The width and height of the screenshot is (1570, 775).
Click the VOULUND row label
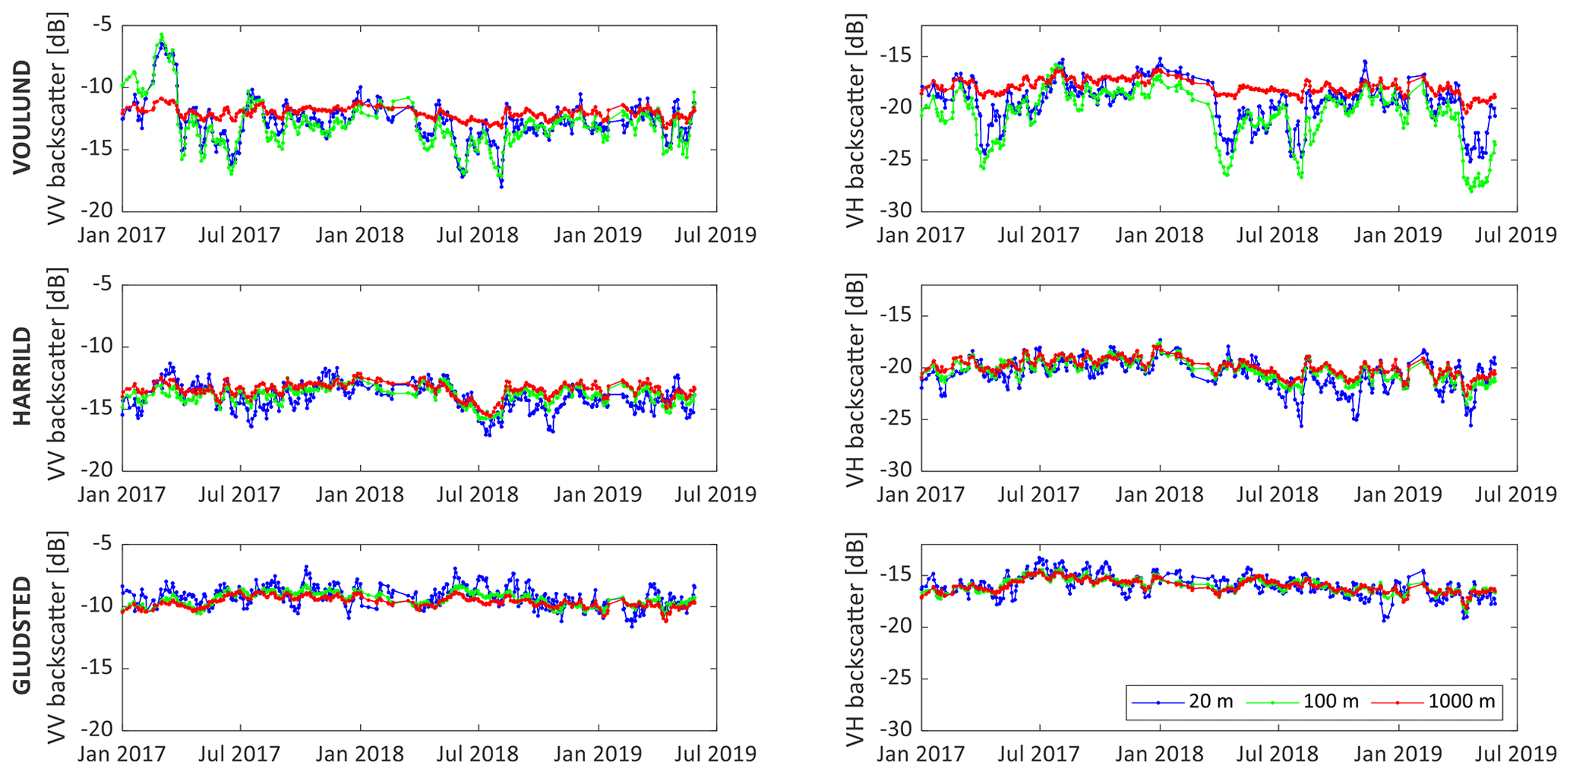pos(23,118)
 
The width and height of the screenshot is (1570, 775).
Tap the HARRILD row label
pos(23,376)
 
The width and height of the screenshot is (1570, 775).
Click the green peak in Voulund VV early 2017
pos(162,35)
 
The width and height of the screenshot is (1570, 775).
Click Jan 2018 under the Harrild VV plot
pos(359,495)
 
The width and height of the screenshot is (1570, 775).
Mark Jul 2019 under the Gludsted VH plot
pos(1516,754)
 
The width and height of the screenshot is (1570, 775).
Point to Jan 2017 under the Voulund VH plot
pos(921,235)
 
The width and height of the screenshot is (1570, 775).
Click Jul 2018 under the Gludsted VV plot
pos(477,754)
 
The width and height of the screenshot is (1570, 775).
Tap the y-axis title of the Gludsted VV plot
pos(56,637)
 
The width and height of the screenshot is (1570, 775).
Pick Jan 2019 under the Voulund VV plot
pos(598,235)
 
